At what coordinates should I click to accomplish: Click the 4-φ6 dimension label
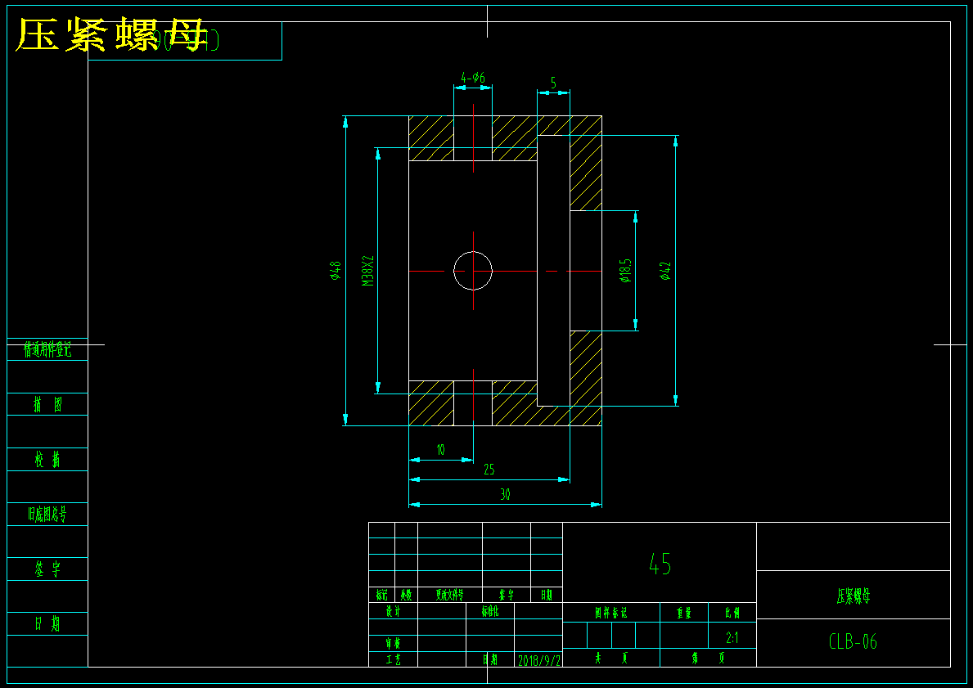pyautogui.click(x=473, y=78)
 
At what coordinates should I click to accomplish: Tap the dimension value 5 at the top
pyautogui.click(x=553, y=83)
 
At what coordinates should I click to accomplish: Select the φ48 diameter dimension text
pyautogui.click(x=335, y=271)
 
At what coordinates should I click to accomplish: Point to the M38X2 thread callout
pyautogui.click(x=367, y=271)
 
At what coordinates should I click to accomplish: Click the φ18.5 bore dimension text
pyautogui.click(x=626, y=271)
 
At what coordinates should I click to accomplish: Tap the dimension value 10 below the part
pyautogui.click(x=440, y=449)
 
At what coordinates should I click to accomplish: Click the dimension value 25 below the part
pyautogui.click(x=489, y=470)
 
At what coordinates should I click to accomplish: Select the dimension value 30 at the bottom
pyautogui.click(x=505, y=494)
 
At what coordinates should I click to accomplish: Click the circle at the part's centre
pyautogui.click(x=473, y=271)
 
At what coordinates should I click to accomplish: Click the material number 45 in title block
pyautogui.click(x=660, y=563)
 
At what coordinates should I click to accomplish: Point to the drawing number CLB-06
pyautogui.click(x=853, y=642)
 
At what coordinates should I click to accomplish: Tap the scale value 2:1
pyautogui.click(x=732, y=637)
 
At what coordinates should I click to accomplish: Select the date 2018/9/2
pyautogui.click(x=538, y=659)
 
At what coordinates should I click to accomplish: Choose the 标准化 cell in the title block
pyautogui.click(x=489, y=611)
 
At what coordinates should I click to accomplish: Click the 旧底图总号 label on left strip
pyautogui.click(x=47, y=515)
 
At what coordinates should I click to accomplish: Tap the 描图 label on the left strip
pyautogui.click(x=47, y=404)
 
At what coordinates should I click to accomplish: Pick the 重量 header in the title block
pyautogui.click(x=683, y=612)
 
